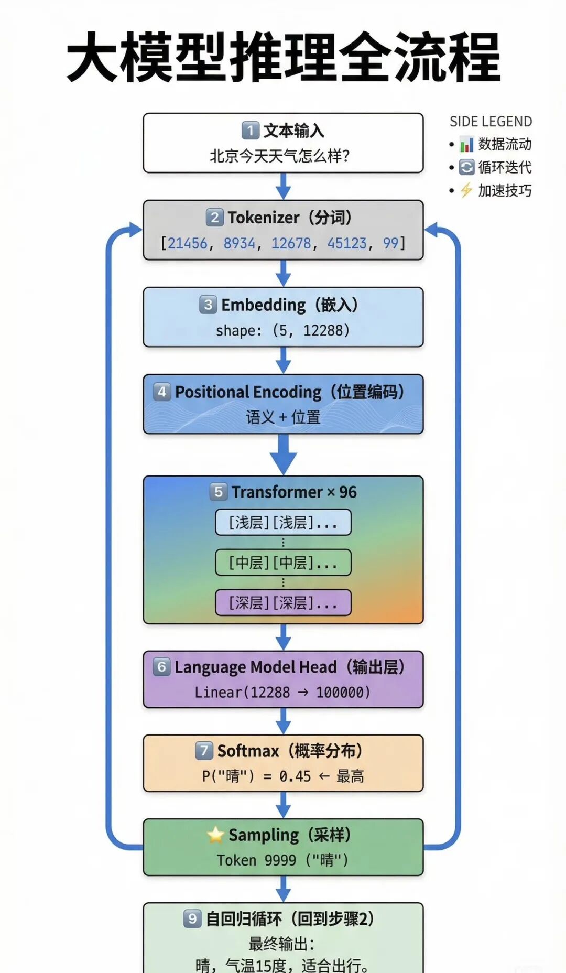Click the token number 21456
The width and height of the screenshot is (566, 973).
(187, 243)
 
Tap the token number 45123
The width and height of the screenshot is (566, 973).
(347, 243)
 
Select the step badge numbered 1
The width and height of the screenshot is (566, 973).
(251, 130)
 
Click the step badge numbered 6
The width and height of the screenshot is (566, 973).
(161, 666)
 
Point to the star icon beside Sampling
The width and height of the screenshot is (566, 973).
(215, 835)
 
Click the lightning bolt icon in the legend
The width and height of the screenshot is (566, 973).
(466, 190)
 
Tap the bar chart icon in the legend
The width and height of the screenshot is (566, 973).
(466, 144)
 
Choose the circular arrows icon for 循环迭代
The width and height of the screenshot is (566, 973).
(466, 167)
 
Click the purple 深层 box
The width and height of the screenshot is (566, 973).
(283, 602)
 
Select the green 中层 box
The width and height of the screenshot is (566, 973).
(283, 563)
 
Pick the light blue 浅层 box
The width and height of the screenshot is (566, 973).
(283, 522)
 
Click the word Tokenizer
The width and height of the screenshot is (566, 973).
(264, 218)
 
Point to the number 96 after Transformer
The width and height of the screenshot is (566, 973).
(347, 492)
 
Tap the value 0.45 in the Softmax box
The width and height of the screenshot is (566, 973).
(295, 776)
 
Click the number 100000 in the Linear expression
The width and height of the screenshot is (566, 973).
(343, 693)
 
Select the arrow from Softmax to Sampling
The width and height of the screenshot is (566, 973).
(283, 805)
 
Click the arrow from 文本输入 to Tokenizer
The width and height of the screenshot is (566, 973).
(283, 187)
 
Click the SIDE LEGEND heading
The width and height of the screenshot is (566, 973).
(491, 122)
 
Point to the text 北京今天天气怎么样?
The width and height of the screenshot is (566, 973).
(280, 156)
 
